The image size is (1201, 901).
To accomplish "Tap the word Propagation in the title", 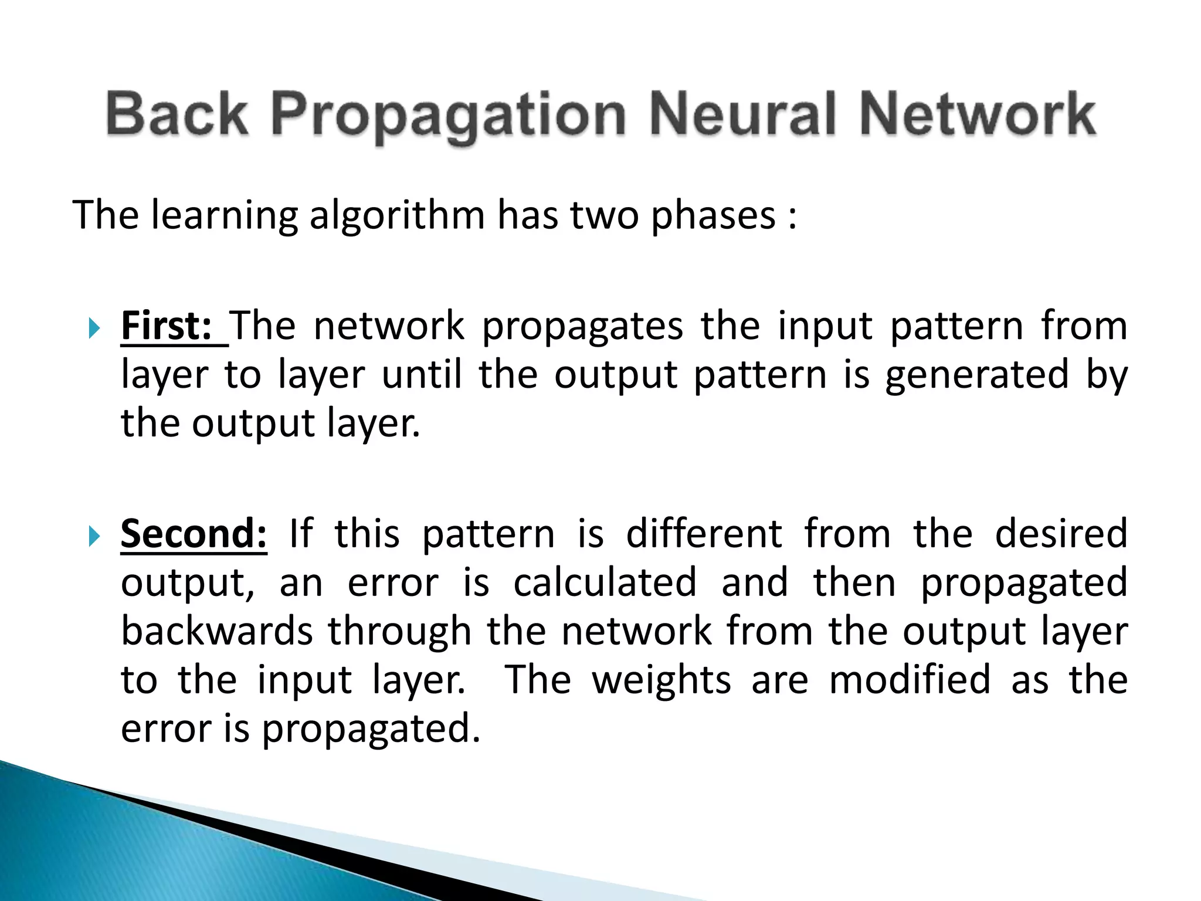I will click(x=448, y=115).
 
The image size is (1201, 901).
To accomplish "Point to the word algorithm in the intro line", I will click(x=397, y=216).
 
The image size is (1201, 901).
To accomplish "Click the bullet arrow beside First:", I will click(x=94, y=328).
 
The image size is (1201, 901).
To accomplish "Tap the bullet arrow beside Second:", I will click(x=94, y=536).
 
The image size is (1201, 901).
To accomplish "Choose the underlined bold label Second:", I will click(x=194, y=534).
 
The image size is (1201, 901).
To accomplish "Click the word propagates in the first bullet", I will click(x=582, y=327).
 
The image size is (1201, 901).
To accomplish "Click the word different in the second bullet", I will click(x=704, y=534).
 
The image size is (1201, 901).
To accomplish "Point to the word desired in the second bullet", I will click(x=1061, y=534).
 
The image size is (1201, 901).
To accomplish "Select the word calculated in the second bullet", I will click(x=605, y=583).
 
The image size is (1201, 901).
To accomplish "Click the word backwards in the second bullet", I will click(x=217, y=632).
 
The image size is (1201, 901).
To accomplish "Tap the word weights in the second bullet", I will click(x=661, y=680).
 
